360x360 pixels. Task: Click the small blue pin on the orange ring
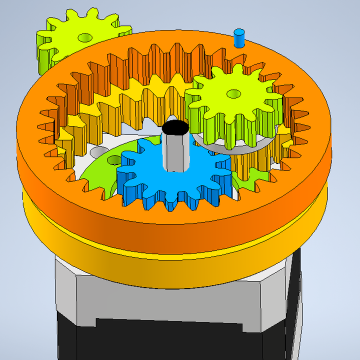click(x=239, y=38)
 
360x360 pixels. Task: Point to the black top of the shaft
click(x=176, y=128)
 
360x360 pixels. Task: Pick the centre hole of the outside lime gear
click(x=84, y=37)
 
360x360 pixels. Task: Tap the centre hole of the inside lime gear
click(x=233, y=93)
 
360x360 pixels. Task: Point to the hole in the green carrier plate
click(x=114, y=159)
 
